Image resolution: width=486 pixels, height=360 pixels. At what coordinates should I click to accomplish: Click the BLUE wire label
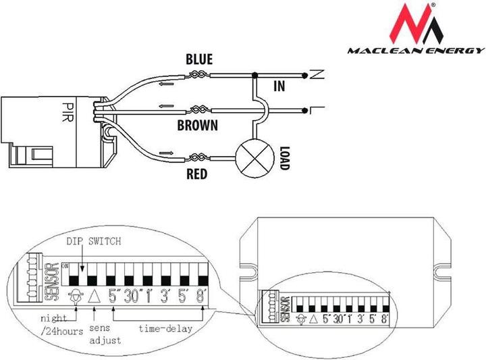(199, 60)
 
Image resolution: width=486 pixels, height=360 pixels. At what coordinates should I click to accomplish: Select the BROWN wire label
(197, 125)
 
